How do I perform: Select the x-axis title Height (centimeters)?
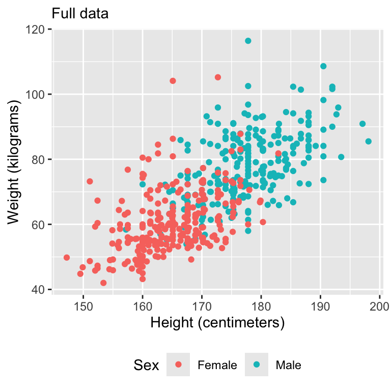tap(216, 323)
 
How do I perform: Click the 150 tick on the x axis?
tap(83, 306)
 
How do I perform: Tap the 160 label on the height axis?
tap(143, 306)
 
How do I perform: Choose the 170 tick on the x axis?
tap(202, 306)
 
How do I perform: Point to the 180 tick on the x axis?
tap(261, 306)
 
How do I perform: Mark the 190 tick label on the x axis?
tap(320, 306)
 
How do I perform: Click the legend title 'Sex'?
tap(147, 365)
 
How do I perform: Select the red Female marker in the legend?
tap(178, 365)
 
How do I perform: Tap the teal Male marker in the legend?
tap(257, 365)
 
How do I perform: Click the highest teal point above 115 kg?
tap(248, 41)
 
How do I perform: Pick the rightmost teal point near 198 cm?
tap(368, 141)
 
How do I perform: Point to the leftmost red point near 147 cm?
tap(67, 258)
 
